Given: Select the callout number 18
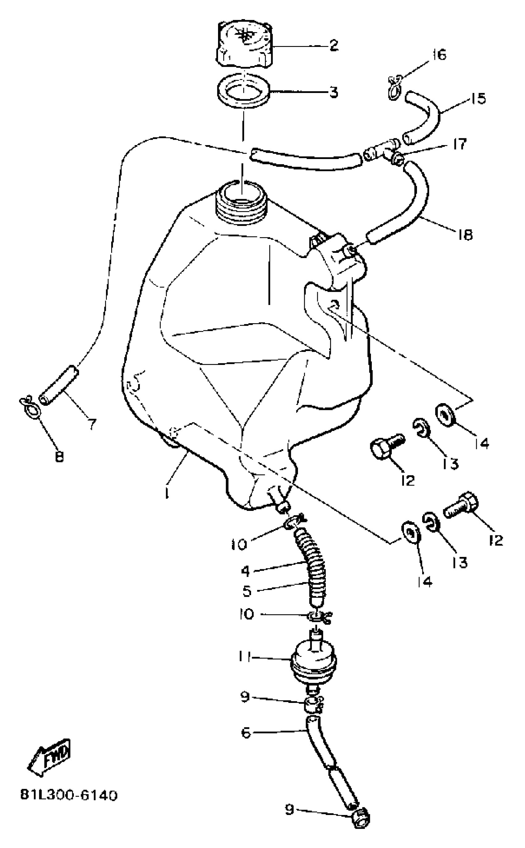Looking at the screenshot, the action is (464, 235).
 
